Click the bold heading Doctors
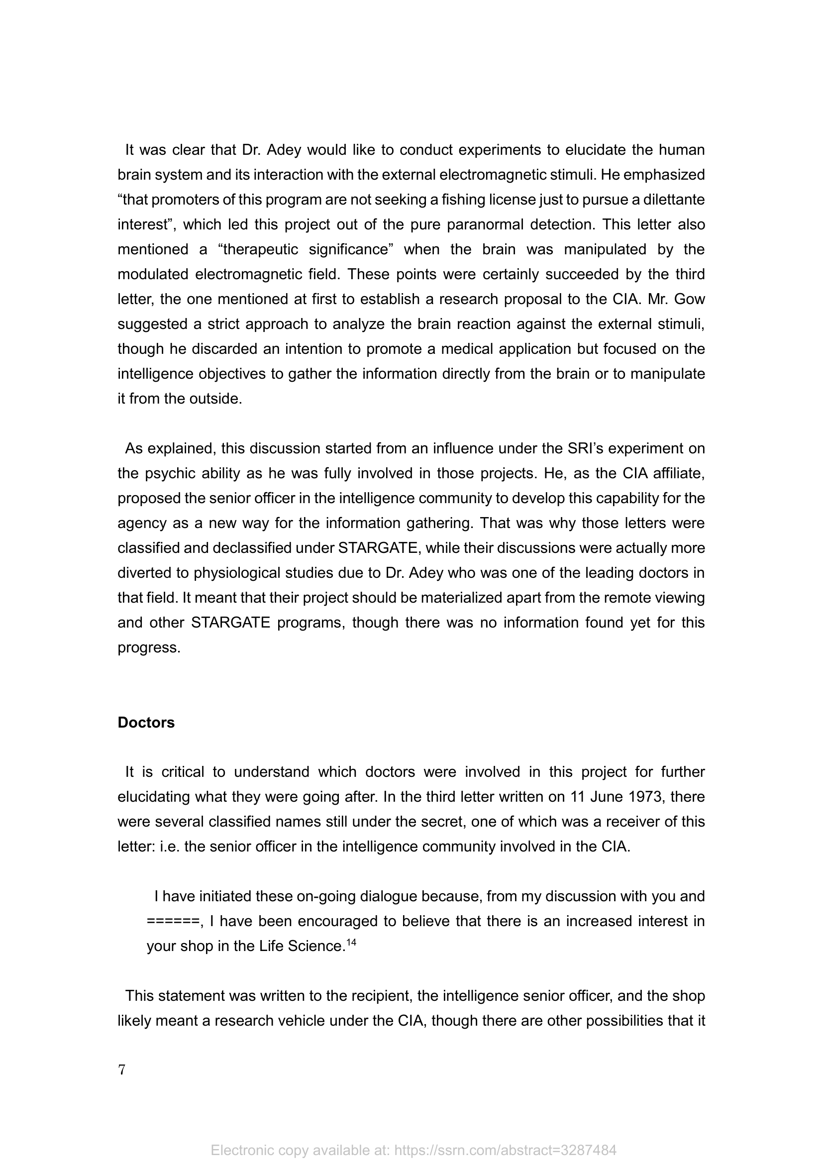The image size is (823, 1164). click(x=146, y=723)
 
